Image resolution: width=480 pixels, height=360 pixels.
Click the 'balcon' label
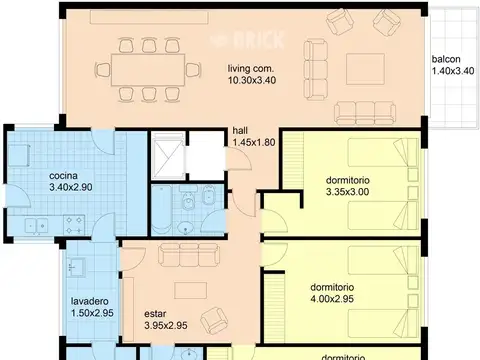446,59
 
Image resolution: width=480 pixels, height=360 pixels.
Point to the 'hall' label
240,130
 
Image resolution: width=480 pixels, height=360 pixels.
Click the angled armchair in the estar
212,320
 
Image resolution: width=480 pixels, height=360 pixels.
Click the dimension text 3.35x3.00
347,192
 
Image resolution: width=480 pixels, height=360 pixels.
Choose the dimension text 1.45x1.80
252,143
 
